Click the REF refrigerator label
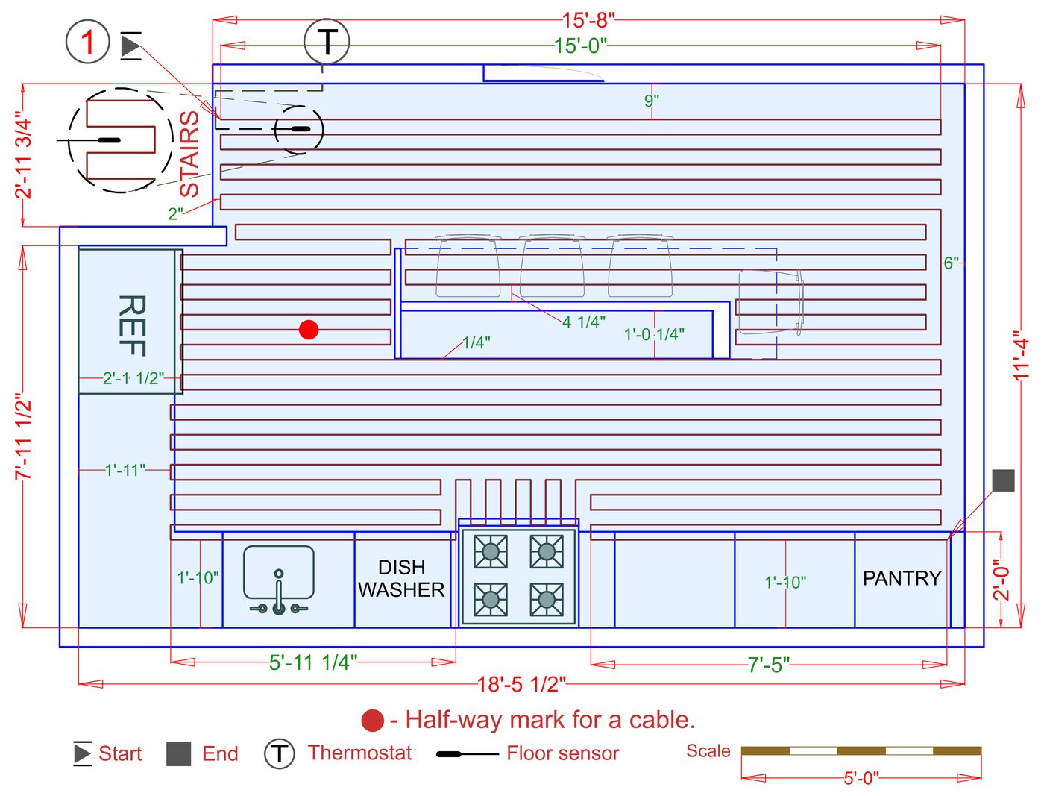tap(131, 325)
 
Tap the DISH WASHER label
tap(401, 579)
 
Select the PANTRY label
tap(902, 578)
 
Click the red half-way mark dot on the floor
tap(309, 330)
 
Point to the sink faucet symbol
tap(279, 594)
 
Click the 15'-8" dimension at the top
tap(588, 20)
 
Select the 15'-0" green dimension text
tap(580, 46)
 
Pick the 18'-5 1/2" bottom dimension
tap(521, 683)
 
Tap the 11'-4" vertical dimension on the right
tap(1021, 356)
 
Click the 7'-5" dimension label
tap(768, 665)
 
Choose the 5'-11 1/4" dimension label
tap(313, 662)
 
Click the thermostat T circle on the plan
tap(327, 42)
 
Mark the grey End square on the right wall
tap(1003, 480)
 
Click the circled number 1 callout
tap(88, 42)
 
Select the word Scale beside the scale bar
tap(708, 751)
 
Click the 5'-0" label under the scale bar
tap(861, 779)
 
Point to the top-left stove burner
tap(491, 552)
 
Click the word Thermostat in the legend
tap(359, 753)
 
